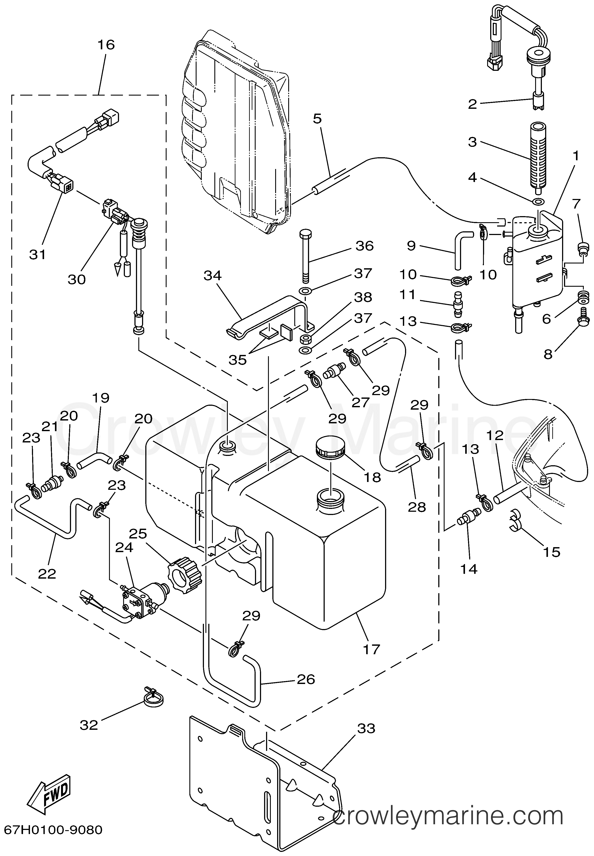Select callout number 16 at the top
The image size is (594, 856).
pyautogui.click(x=106, y=45)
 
